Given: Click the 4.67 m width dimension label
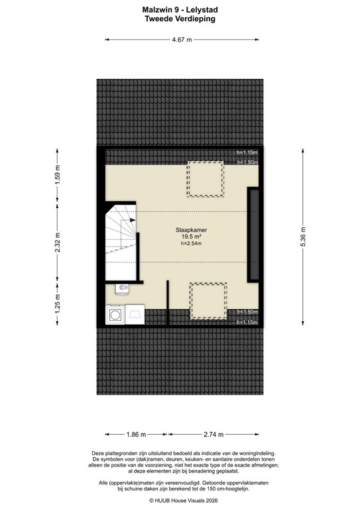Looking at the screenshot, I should point(180,40).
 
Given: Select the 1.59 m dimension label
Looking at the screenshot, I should point(57,174).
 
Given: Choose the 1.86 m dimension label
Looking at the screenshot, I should point(135,435).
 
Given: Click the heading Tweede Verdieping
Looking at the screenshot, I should point(180,20).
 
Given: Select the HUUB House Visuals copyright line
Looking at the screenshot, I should point(180,501).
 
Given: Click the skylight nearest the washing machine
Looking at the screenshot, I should point(208,301).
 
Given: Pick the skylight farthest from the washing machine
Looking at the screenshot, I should point(205,178).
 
